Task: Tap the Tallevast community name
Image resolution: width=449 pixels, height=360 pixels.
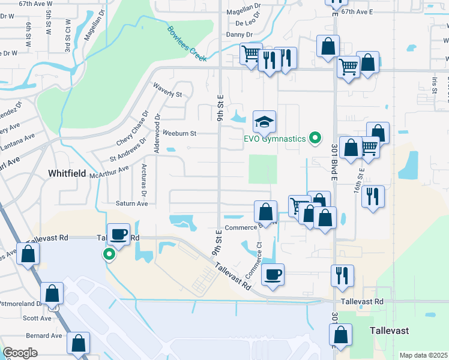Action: pyautogui.click(x=391, y=330)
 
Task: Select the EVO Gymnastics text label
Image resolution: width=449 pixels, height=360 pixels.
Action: pyautogui.click(x=274, y=139)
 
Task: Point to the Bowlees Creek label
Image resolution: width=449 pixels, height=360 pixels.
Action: pyautogui.click(x=187, y=44)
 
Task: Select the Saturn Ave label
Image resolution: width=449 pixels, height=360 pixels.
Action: pyautogui.click(x=131, y=203)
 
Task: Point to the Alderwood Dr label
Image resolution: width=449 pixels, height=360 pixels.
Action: pyautogui.click(x=157, y=133)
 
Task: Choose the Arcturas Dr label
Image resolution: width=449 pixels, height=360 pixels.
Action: pyautogui.click(x=143, y=180)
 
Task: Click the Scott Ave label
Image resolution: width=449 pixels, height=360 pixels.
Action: pyautogui.click(x=37, y=318)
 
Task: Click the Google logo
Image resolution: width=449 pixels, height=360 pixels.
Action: pyautogui.click(x=20, y=353)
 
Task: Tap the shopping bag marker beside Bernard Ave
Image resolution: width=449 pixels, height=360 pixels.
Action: pyautogui.click(x=79, y=344)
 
